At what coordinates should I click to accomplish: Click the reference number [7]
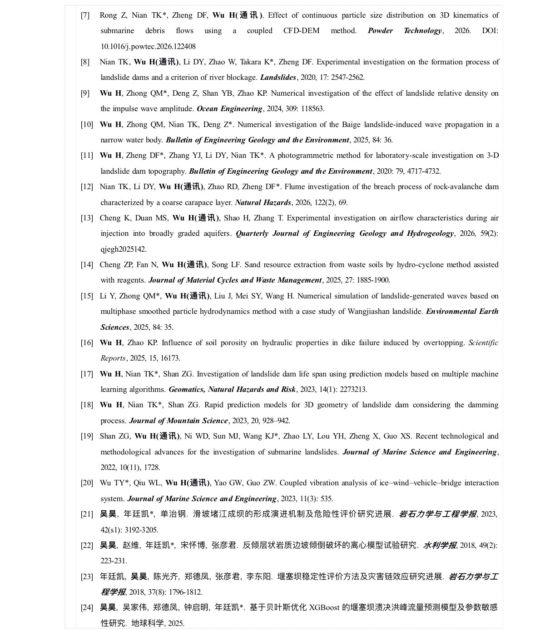[85, 15]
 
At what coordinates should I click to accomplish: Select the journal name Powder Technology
[404, 31]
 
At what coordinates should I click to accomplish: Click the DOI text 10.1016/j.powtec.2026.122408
[148, 46]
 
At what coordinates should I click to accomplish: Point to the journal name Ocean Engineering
[229, 109]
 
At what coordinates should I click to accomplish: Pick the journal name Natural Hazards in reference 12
[263, 203]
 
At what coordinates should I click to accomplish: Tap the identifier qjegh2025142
[124, 249]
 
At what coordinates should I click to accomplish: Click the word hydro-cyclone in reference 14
[420, 265]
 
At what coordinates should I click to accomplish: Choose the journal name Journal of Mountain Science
[178, 421]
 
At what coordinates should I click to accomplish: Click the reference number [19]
[87, 436]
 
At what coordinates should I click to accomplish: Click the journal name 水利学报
[440, 545]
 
